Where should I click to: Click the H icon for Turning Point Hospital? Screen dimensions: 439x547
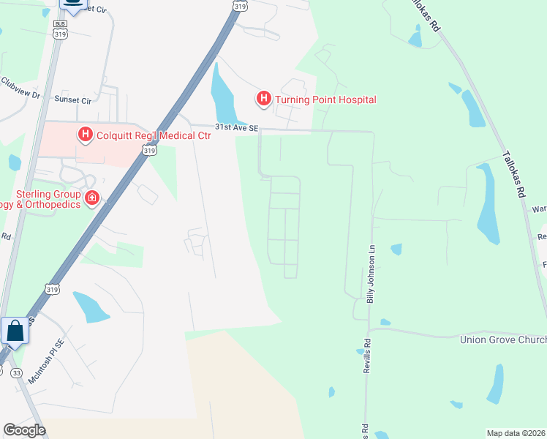(263, 98)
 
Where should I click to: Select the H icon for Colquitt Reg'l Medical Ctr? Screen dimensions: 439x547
(86, 134)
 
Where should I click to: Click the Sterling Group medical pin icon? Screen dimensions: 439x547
(92, 198)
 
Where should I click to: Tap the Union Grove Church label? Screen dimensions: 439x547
(502, 339)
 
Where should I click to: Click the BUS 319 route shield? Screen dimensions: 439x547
(61, 29)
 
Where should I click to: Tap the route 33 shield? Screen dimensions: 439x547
(17, 372)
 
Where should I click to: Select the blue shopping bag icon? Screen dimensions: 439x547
(15, 331)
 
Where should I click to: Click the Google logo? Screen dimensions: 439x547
(24, 430)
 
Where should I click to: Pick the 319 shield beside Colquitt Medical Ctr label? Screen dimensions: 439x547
(149, 151)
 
